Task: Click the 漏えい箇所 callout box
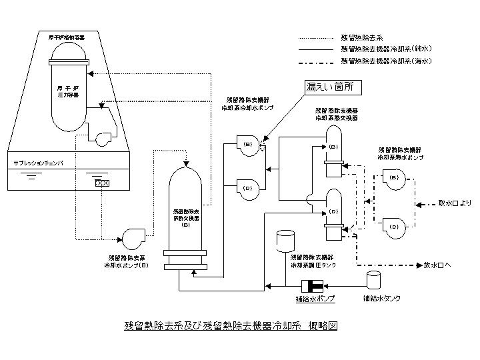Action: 329,87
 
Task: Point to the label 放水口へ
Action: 438,265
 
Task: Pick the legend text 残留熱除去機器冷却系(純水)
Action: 386,49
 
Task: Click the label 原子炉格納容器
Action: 66,37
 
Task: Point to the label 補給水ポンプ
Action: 315,299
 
